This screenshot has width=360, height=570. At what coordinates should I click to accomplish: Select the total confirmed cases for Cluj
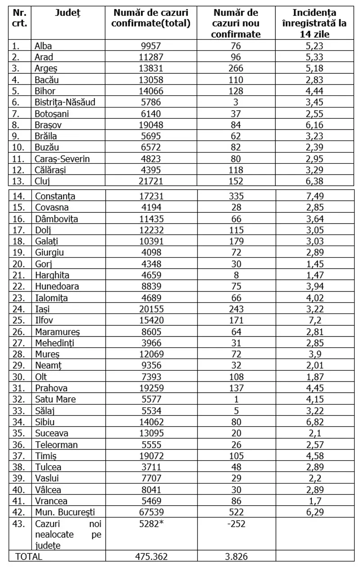pos(151,181)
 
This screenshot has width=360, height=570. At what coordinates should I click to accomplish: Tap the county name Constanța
pos(55,197)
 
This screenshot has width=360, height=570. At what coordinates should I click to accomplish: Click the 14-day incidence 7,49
pos(314,197)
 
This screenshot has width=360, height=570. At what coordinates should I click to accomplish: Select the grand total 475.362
pos(151,557)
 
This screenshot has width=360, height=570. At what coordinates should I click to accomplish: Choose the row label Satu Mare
pos(55,399)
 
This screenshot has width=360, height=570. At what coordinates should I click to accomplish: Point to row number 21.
pos(18,275)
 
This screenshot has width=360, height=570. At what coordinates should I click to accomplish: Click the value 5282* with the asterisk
pos(151,523)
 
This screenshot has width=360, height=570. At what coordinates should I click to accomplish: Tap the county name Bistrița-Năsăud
pos(65,102)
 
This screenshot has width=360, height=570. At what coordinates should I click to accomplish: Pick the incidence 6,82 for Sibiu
pos(314,422)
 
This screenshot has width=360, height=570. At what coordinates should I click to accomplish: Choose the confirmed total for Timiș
pos(151,455)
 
